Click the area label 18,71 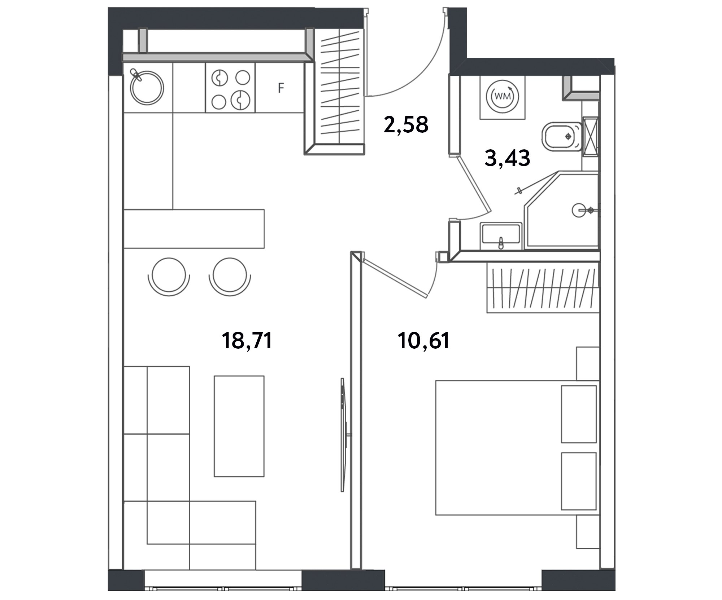(x=247, y=341)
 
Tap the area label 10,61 (x=424, y=341)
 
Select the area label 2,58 (x=406, y=125)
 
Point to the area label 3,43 (x=507, y=158)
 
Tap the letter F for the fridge (x=281, y=88)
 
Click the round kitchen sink (x=147, y=88)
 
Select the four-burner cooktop (x=230, y=88)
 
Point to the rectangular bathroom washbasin (x=501, y=236)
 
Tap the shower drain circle (x=578, y=210)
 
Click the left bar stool (x=169, y=276)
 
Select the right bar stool (x=230, y=276)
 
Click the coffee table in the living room (x=239, y=426)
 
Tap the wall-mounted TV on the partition (x=343, y=434)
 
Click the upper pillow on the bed (x=578, y=414)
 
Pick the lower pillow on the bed (x=578, y=481)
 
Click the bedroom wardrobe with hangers (x=543, y=287)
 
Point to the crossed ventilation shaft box (x=590, y=136)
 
